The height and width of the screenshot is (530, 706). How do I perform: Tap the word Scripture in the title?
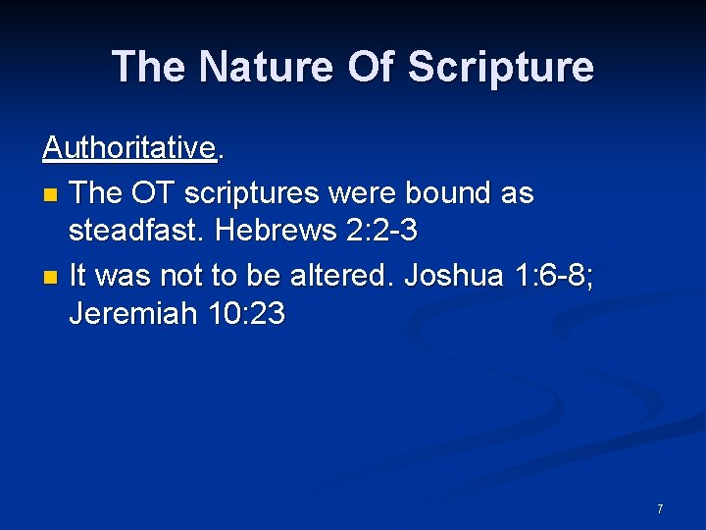[500, 67]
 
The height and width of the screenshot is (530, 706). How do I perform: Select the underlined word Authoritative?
[128, 148]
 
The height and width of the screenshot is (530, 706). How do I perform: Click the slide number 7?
[660, 508]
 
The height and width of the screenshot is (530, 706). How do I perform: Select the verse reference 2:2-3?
[382, 231]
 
